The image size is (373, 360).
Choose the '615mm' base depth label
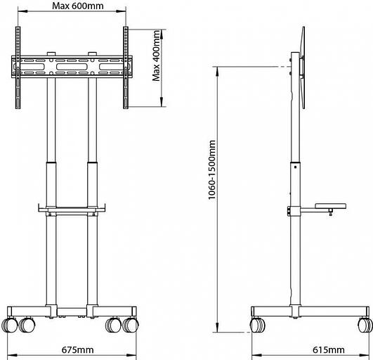tap(329, 349)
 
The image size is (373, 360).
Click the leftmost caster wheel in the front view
tap(11, 326)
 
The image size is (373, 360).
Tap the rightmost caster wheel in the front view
tap(131, 326)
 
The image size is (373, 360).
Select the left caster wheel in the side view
tap(258, 326)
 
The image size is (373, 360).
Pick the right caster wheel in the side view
tap(364, 326)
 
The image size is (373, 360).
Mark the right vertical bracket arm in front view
tap(126, 66)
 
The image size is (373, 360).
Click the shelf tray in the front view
tap(70, 209)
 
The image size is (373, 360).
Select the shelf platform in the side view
tap(330, 206)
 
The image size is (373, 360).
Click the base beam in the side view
tap(309, 312)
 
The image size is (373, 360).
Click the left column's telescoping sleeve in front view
tap(51, 184)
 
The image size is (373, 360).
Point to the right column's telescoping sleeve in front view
tap(91, 184)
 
